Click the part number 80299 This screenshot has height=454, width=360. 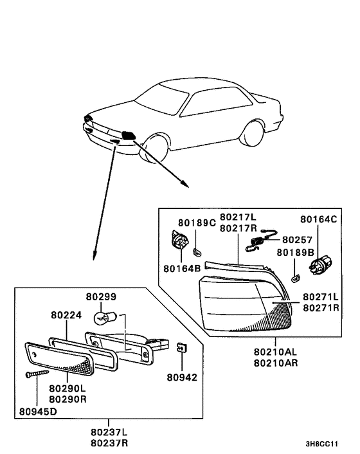click(101, 297)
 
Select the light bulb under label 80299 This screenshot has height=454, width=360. click(105, 318)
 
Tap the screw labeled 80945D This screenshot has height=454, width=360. click(37, 374)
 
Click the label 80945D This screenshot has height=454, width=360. click(38, 411)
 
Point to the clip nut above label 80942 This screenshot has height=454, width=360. click(182, 347)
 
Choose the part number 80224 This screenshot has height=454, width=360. click(66, 315)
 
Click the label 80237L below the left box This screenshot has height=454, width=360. click(109, 432)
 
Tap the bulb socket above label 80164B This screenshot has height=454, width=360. click(180, 239)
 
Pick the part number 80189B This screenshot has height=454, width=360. click(296, 253)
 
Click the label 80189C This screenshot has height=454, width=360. click(197, 222)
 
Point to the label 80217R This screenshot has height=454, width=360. click(238, 228)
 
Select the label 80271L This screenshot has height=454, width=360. click(321, 297)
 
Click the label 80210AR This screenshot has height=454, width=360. click(276, 363)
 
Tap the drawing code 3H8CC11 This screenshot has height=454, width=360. click(321, 444)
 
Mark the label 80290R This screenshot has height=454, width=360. click(67, 399)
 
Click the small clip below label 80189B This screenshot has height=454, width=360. click(295, 278)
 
